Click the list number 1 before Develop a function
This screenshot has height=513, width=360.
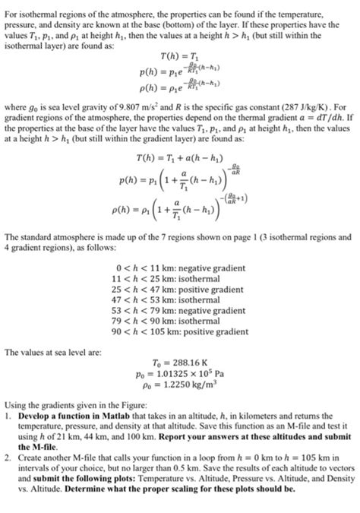click(x=7, y=419)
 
